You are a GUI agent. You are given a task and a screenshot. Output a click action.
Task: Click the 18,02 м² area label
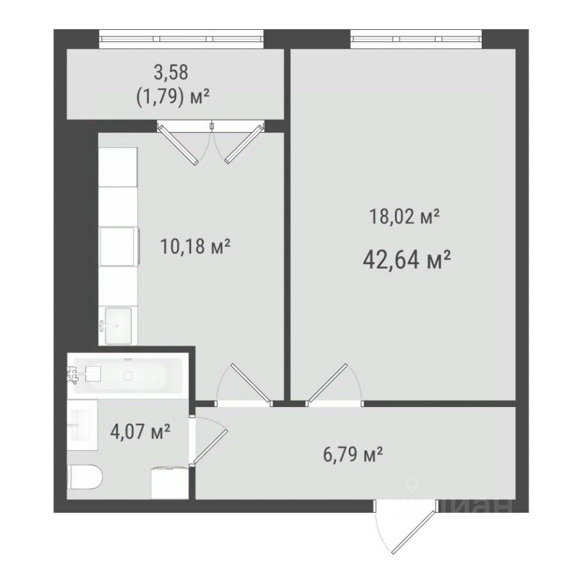[x=405, y=217]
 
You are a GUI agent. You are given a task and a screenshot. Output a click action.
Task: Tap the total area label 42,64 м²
[x=407, y=260]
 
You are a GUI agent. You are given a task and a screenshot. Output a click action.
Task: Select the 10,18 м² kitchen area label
[x=195, y=246]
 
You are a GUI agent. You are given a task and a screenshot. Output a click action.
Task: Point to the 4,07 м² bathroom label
[x=141, y=432]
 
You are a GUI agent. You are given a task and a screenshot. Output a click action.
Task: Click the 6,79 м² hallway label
[x=353, y=454]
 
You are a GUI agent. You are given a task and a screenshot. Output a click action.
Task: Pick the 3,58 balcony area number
[x=172, y=72]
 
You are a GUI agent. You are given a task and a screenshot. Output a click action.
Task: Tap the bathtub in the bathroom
[x=128, y=375]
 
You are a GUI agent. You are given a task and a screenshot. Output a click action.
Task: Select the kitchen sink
[x=118, y=325]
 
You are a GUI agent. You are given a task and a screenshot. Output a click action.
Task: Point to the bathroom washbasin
[x=82, y=425]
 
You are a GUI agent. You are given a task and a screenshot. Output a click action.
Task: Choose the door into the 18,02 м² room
[x=334, y=384]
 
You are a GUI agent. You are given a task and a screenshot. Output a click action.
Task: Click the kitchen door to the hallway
[x=245, y=384]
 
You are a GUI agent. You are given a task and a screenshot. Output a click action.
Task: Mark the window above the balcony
[x=181, y=39]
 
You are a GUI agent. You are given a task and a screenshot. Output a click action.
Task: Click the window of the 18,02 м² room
[x=416, y=39]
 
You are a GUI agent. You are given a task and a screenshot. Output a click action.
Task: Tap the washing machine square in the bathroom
[x=170, y=482]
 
